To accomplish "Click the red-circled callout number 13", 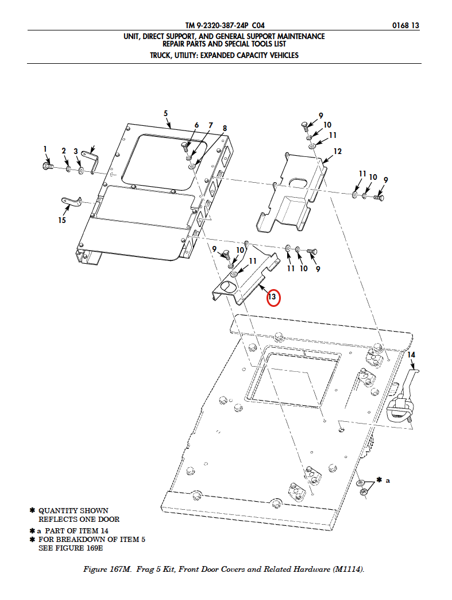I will [272, 298].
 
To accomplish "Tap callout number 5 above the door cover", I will [165, 113].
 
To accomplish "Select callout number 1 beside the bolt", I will [45, 149].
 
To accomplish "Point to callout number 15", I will [61, 220].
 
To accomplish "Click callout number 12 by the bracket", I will [337, 151].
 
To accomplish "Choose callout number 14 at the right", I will [411, 355].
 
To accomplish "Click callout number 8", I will [225, 128].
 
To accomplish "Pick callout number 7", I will [210, 125].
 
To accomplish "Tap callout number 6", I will [196, 125].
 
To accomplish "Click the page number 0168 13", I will [405, 25].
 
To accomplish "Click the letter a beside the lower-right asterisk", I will [388, 480].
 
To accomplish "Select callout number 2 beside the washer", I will [64, 151].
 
